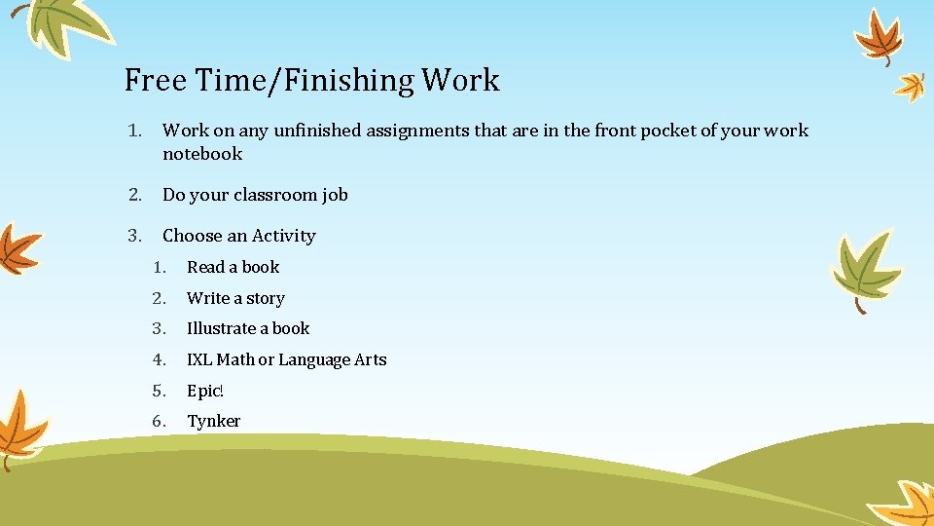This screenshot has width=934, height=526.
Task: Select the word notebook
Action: point(202,154)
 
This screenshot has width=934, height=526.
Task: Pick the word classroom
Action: point(272,195)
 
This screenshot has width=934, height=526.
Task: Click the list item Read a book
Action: point(233,267)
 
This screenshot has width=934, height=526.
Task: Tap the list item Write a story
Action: point(235,298)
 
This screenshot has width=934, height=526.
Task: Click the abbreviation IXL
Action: point(199,359)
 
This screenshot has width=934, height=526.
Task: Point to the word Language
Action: point(313,360)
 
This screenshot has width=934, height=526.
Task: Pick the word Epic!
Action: point(205,391)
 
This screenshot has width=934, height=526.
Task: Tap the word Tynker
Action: point(213,421)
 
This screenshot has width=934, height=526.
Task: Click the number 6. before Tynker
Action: point(160,421)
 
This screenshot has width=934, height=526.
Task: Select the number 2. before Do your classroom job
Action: point(134,195)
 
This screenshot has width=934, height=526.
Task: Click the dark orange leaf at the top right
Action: point(881,37)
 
